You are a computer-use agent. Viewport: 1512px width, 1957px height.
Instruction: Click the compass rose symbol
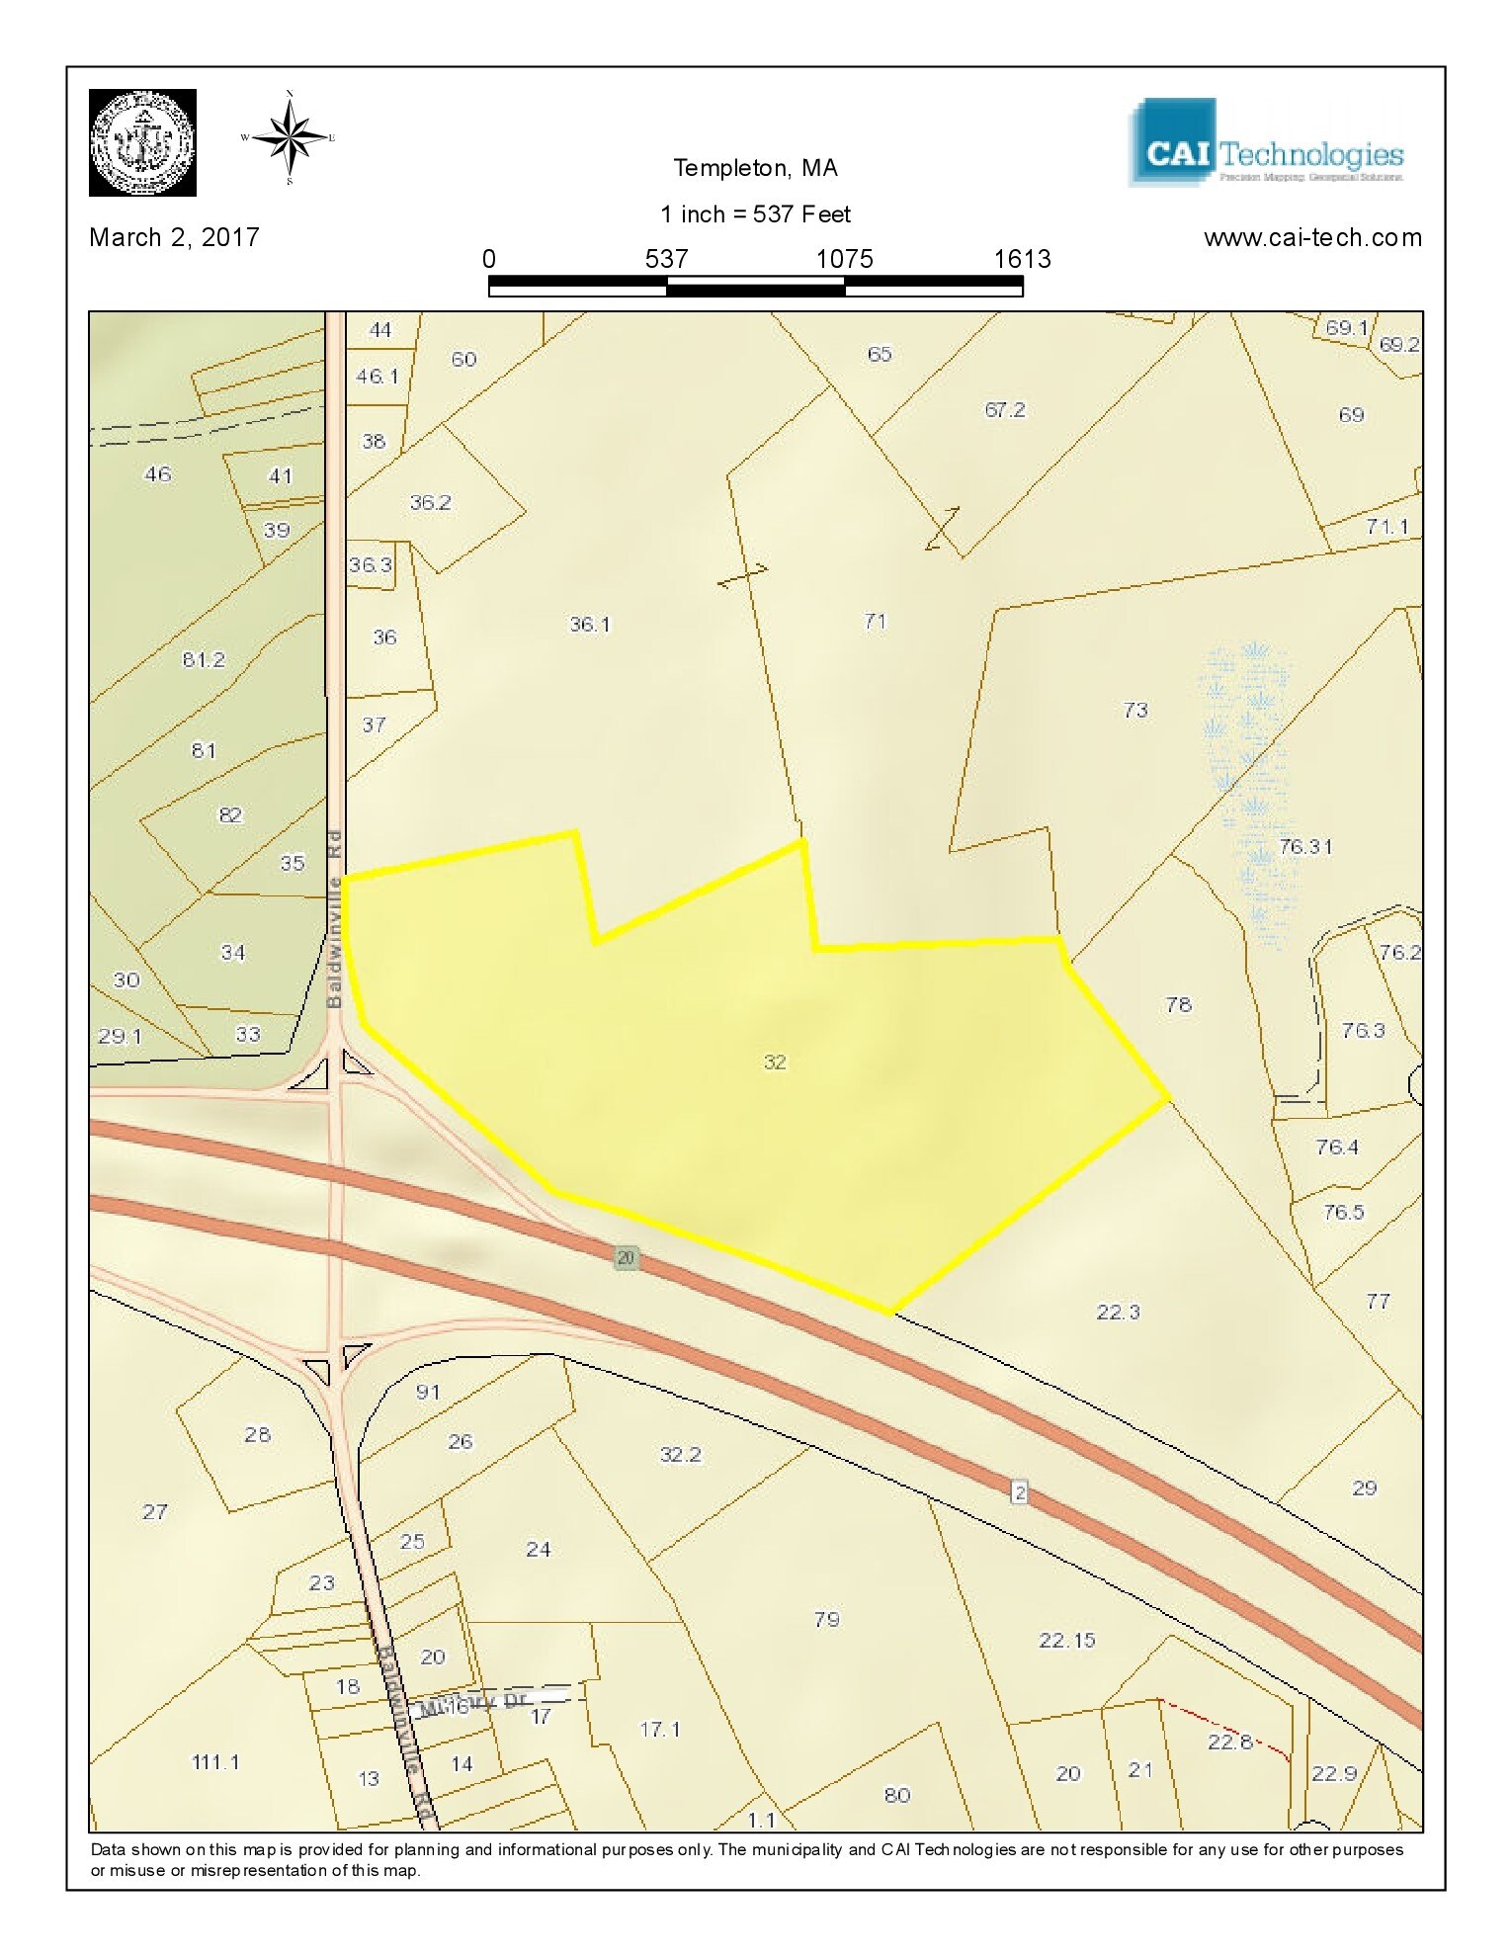(290, 137)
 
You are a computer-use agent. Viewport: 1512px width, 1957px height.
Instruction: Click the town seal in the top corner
(142, 142)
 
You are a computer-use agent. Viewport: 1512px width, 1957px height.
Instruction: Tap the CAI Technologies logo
(1265, 143)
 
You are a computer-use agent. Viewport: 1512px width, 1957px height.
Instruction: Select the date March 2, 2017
(174, 237)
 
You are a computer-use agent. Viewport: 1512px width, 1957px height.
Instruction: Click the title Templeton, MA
(755, 168)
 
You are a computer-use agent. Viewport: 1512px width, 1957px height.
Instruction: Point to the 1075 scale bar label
(844, 259)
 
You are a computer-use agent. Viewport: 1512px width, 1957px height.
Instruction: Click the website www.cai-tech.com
(1312, 238)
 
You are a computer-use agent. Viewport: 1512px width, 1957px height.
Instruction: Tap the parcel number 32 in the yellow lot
(775, 1063)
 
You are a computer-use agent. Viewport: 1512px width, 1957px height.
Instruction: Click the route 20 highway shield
(626, 1258)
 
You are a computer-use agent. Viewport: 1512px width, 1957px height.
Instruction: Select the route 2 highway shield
(1020, 1491)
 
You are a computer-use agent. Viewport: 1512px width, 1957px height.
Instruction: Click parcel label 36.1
(590, 625)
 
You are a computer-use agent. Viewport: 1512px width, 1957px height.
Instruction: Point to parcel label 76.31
(1304, 847)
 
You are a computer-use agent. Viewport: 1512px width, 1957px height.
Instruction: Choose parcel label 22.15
(1067, 1641)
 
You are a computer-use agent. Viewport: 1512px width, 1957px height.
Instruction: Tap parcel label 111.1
(215, 1762)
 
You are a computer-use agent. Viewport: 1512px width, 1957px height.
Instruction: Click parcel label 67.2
(1005, 410)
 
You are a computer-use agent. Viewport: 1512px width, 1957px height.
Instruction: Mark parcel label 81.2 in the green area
(204, 660)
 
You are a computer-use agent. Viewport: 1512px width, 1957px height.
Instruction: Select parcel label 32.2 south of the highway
(680, 1455)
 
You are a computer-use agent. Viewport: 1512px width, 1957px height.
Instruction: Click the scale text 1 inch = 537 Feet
(755, 214)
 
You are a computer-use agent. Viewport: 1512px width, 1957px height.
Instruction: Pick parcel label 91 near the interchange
(428, 1393)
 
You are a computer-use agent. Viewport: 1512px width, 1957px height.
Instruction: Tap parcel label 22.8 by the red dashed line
(1229, 1742)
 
